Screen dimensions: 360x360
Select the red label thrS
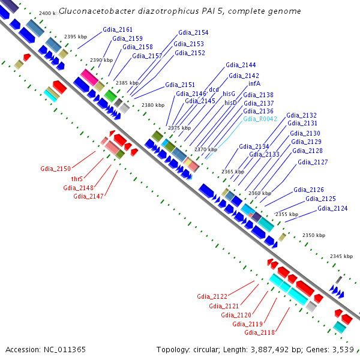coord(77,179)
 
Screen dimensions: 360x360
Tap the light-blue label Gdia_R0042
coord(260,119)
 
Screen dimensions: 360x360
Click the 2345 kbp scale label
coord(341,256)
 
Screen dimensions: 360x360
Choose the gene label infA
coord(254,84)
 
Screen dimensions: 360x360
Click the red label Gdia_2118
coord(259,332)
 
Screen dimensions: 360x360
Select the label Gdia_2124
coord(332,208)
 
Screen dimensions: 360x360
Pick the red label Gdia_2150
coord(56,169)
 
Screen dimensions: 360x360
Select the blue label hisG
coord(229,94)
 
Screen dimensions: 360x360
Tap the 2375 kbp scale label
coord(179,128)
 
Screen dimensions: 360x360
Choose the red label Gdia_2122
coord(212,296)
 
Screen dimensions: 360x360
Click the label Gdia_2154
coord(193,33)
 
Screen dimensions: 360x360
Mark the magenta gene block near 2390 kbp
coord(89,77)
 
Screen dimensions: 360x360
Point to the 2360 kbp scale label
coord(259,193)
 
